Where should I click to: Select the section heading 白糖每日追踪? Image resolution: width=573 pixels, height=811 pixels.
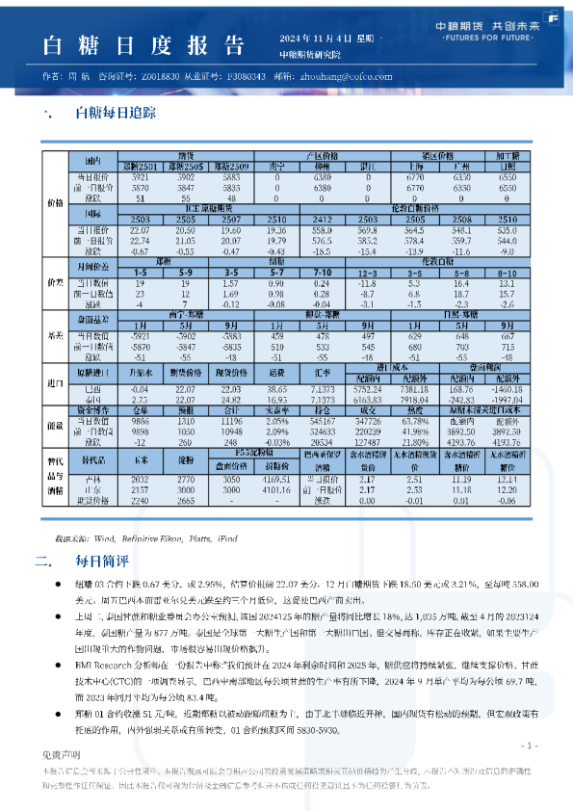(117, 114)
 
